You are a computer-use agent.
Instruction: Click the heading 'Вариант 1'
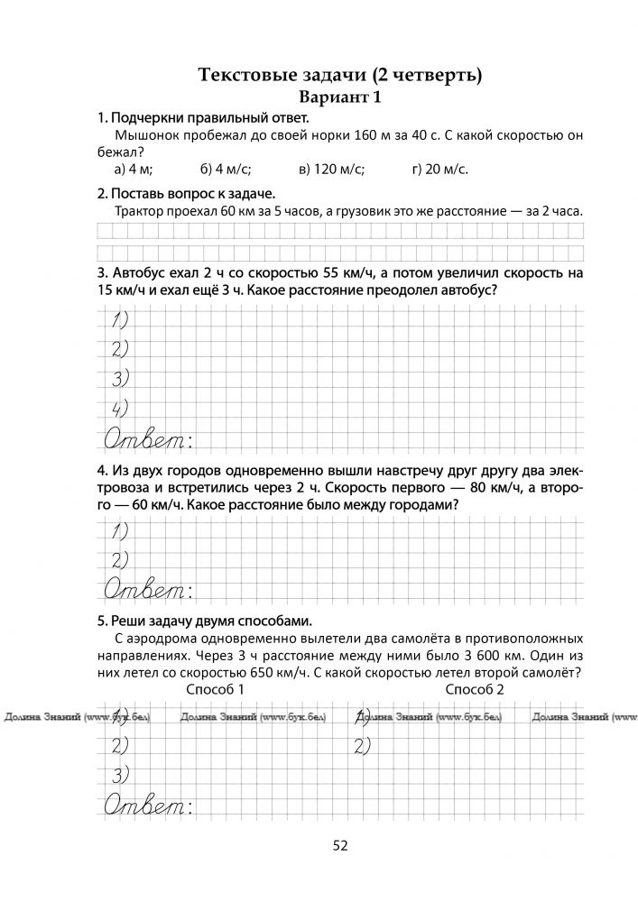pyautogui.click(x=339, y=97)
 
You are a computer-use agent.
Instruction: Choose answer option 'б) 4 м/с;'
pyautogui.click(x=226, y=169)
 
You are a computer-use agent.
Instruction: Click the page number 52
pyautogui.click(x=340, y=845)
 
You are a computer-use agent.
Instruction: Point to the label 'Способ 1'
pyautogui.click(x=215, y=689)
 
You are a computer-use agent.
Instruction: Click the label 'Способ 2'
pyautogui.click(x=475, y=689)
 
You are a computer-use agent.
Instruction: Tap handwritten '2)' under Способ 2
pyautogui.click(x=364, y=745)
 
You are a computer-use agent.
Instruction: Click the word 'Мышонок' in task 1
pyautogui.click(x=146, y=135)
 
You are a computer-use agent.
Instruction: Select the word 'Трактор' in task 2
pyautogui.click(x=143, y=211)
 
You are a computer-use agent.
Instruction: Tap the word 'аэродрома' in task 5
pyautogui.click(x=162, y=639)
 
